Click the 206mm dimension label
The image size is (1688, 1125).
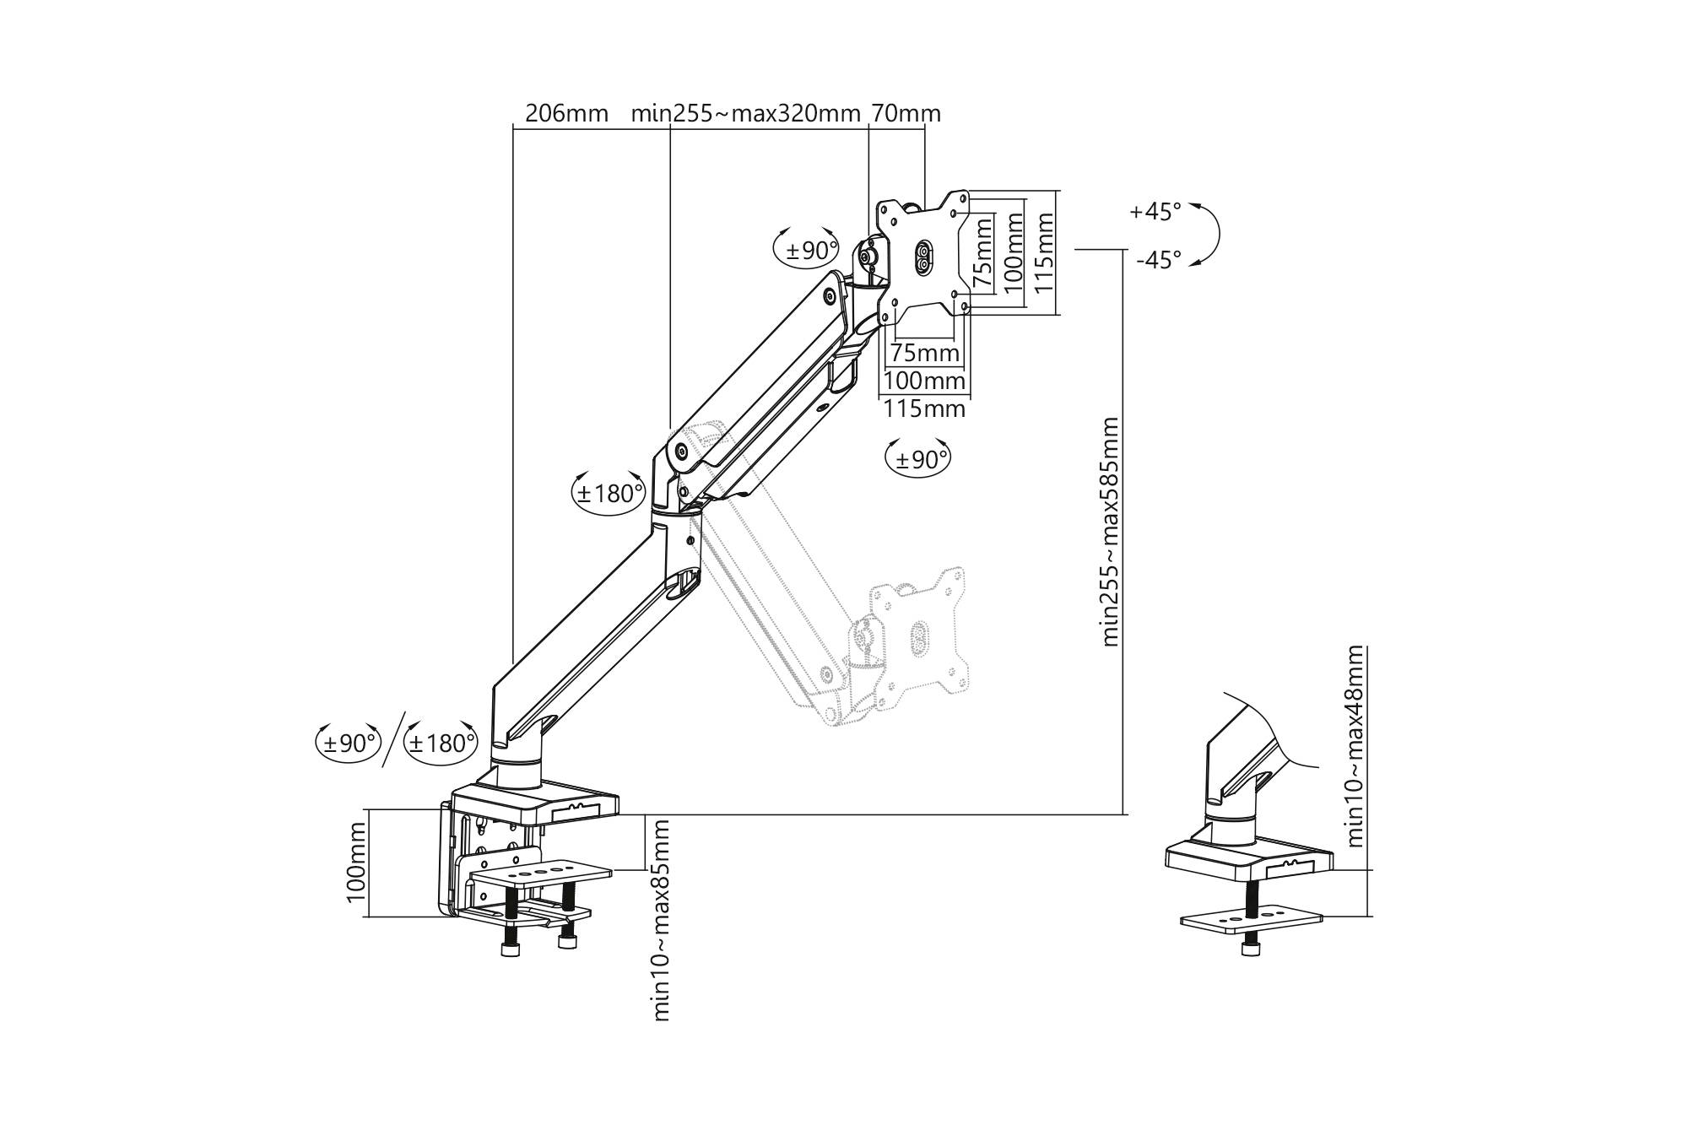click(566, 113)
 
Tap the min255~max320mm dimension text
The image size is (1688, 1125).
click(746, 113)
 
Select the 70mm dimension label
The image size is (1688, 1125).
click(906, 113)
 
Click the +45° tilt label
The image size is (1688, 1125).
click(1155, 211)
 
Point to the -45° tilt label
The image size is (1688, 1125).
click(1158, 260)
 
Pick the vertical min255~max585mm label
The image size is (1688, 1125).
click(1110, 532)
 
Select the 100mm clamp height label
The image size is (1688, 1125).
click(357, 863)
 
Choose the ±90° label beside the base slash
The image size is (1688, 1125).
click(349, 744)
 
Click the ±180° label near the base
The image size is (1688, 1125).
click(441, 744)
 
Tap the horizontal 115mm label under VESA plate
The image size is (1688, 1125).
click(924, 409)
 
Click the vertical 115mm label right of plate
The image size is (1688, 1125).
click(1045, 252)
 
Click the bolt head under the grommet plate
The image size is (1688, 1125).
click(1248, 950)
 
